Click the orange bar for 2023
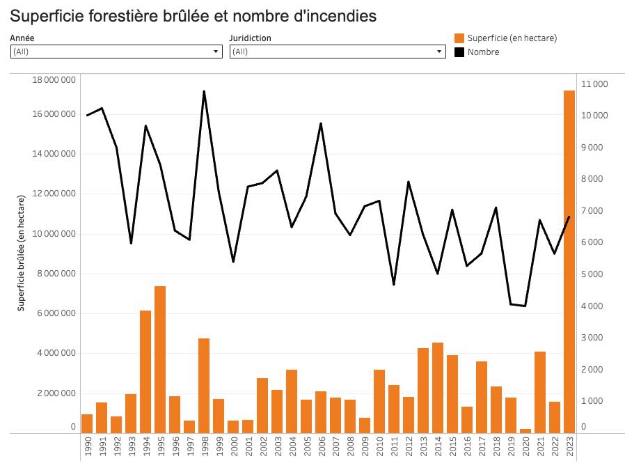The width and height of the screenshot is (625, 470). (x=569, y=261)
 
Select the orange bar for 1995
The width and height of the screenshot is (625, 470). (x=160, y=359)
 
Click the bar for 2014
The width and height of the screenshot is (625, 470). (x=438, y=387)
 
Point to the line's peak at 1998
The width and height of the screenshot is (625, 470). (x=204, y=91)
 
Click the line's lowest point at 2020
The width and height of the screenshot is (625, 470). (x=525, y=306)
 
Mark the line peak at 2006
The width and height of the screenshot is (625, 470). (x=321, y=123)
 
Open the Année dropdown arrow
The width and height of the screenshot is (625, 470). (x=216, y=52)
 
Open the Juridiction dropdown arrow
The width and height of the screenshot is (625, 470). (x=439, y=52)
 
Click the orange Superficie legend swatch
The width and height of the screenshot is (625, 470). (x=459, y=38)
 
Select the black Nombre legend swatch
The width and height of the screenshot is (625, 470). (x=459, y=52)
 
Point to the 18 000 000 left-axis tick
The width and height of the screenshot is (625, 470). (x=54, y=79)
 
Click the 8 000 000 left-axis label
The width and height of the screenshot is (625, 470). (x=54, y=274)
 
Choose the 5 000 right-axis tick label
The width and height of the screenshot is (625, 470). (x=592, y=274)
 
